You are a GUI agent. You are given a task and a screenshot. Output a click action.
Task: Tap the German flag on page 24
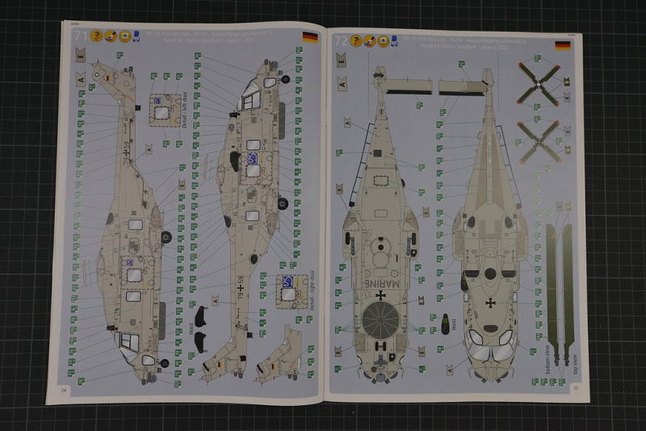pos(308,36)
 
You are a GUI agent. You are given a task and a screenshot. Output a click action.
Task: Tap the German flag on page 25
pos(563,45)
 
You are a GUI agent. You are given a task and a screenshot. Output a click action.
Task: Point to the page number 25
pos(576,387)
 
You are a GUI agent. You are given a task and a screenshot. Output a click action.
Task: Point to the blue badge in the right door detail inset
pos(287,283)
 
